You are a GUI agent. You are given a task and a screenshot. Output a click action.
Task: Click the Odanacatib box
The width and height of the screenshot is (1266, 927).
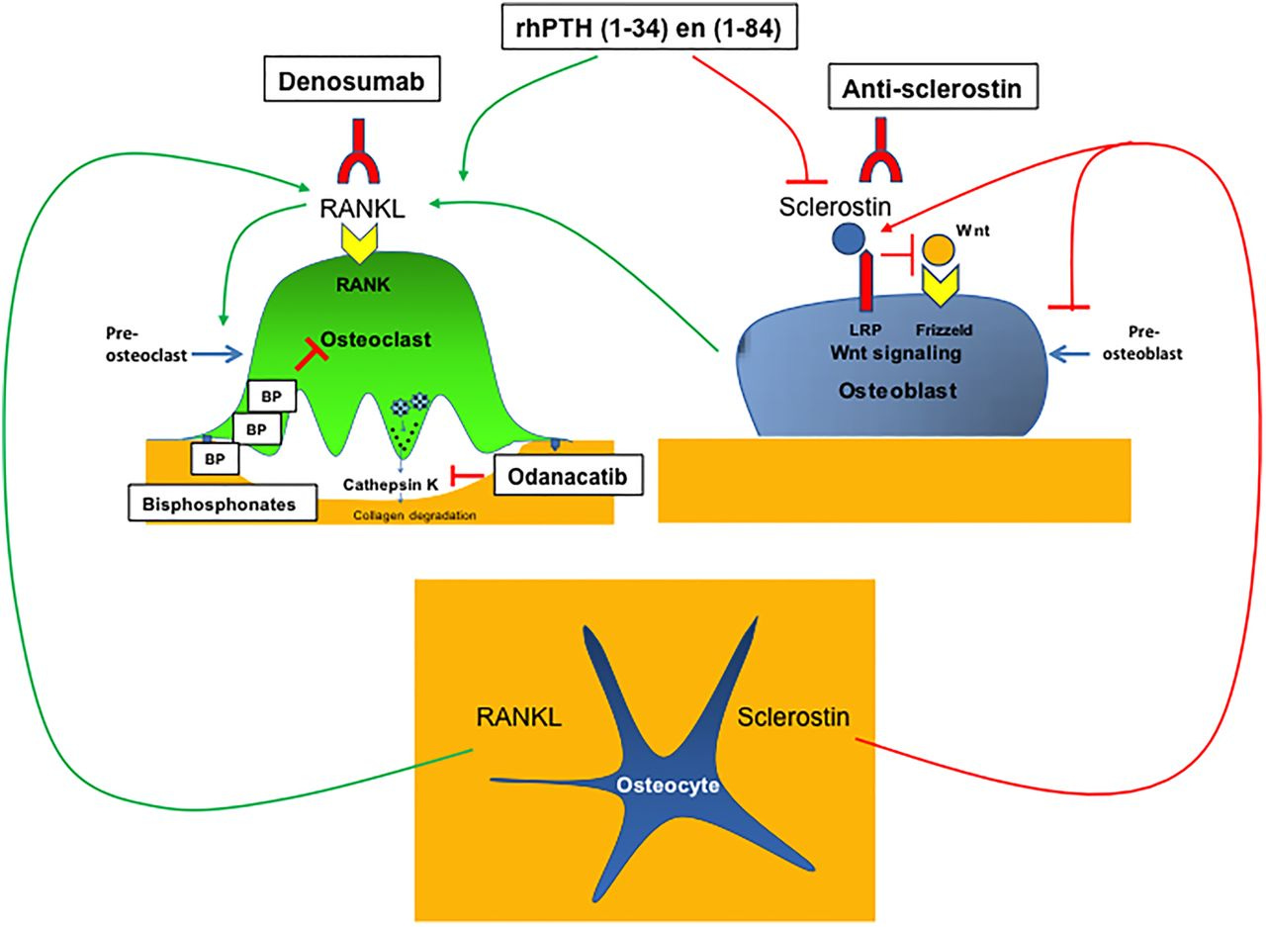click(x=563, y=476)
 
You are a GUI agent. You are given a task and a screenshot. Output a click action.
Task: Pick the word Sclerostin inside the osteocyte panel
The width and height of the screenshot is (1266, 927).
click(x=794, y=716)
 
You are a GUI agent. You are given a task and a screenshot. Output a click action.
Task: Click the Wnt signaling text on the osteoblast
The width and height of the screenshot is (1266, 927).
click(x=895, y=353)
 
